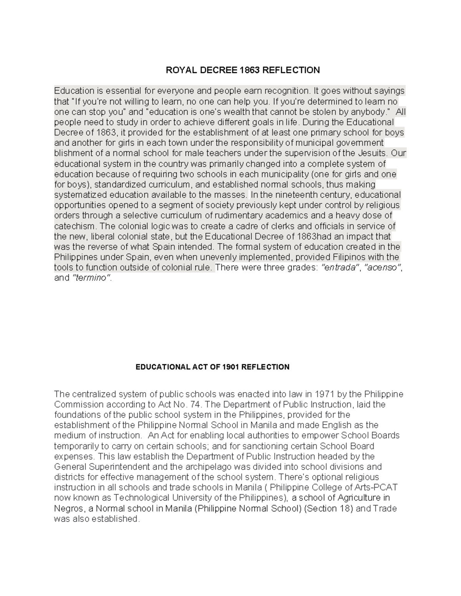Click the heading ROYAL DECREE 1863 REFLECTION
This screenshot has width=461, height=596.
[x=242, y=70]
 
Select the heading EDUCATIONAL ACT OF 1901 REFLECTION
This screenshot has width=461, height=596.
[x=212, y=367]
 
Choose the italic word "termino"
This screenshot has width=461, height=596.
[x=91, y=278]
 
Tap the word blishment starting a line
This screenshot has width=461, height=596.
[x=73, y=153]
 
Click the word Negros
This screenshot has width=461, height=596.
[x=68, y=508]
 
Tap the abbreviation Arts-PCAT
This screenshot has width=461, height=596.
[x=375, y=488]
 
